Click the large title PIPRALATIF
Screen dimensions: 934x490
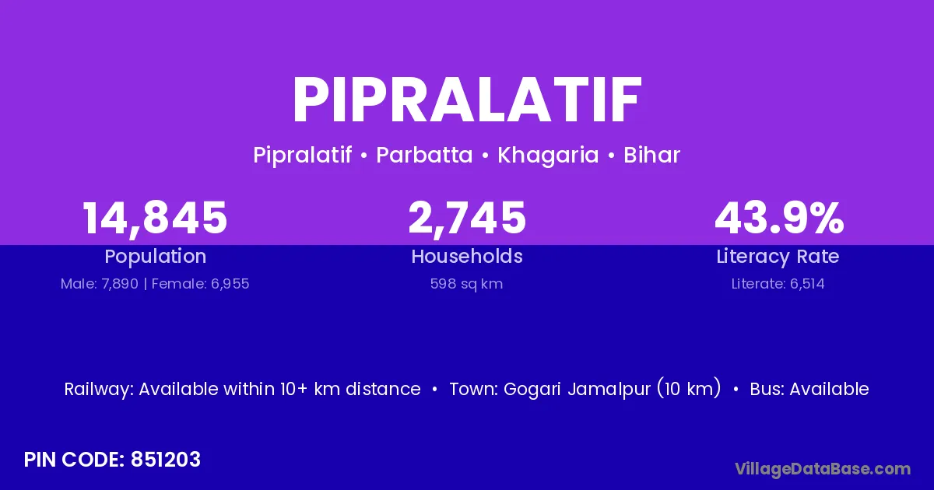pos(467,100)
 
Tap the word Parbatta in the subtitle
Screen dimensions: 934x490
pos(424,155)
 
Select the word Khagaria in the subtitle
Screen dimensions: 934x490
pos(548,156)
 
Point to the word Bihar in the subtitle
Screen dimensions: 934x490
pos(651,155)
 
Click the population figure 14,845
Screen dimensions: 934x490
pos(155,219)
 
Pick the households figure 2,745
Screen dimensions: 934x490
pos(467,219)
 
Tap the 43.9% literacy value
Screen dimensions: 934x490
pos(779,218)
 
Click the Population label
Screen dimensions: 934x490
pos(156,257)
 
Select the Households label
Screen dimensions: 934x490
pos(467,256)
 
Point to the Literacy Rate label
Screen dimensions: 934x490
pos(778,257)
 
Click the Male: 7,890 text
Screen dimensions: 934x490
pos(100,284)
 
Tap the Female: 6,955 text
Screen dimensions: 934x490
pos(200,284)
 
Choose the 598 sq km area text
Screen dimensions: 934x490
pos(466,284)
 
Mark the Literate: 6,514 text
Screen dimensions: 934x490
pos(778,284)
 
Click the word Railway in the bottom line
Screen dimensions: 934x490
pos(99,390)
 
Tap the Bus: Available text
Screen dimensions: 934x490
pos(809,389)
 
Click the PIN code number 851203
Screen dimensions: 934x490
pos(166,460)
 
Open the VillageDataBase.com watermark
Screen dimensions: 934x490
pos(823,469)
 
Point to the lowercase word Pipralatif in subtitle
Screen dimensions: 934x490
pos(302,156)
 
